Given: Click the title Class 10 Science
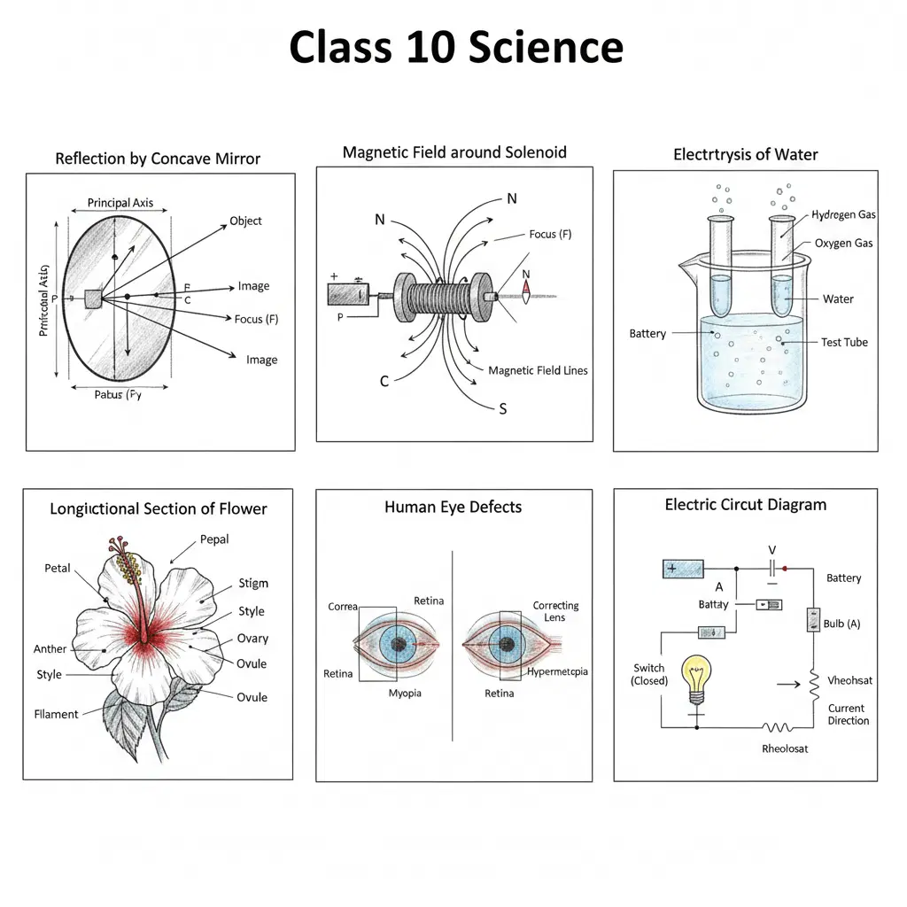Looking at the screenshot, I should click(455, 47).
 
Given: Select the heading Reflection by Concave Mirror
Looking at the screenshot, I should click(158, 159).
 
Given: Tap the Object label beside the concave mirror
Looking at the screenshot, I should click(245, 221).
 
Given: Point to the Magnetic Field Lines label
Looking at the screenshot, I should click(538, 370).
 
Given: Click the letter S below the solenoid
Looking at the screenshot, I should click(503, 408).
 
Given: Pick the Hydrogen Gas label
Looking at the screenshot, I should click(843, 215).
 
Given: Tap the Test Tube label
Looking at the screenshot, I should click(843, 342).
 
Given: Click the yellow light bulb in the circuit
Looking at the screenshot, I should click(696, 677).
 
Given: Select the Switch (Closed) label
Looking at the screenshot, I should click(649, 674).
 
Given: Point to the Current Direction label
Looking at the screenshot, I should click(848, 714).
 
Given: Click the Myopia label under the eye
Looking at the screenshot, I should click(405, 693).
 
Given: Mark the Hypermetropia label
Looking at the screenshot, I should click(557, 671).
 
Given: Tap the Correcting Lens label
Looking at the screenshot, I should click(555, 611).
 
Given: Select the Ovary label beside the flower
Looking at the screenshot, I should click(252, 638).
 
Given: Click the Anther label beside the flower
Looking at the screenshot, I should click(50, 648).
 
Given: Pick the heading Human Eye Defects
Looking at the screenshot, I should click(453, 508).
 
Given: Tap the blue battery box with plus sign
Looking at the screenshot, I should click(683, 569).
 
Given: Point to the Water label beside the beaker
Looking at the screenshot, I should click(838, 298).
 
